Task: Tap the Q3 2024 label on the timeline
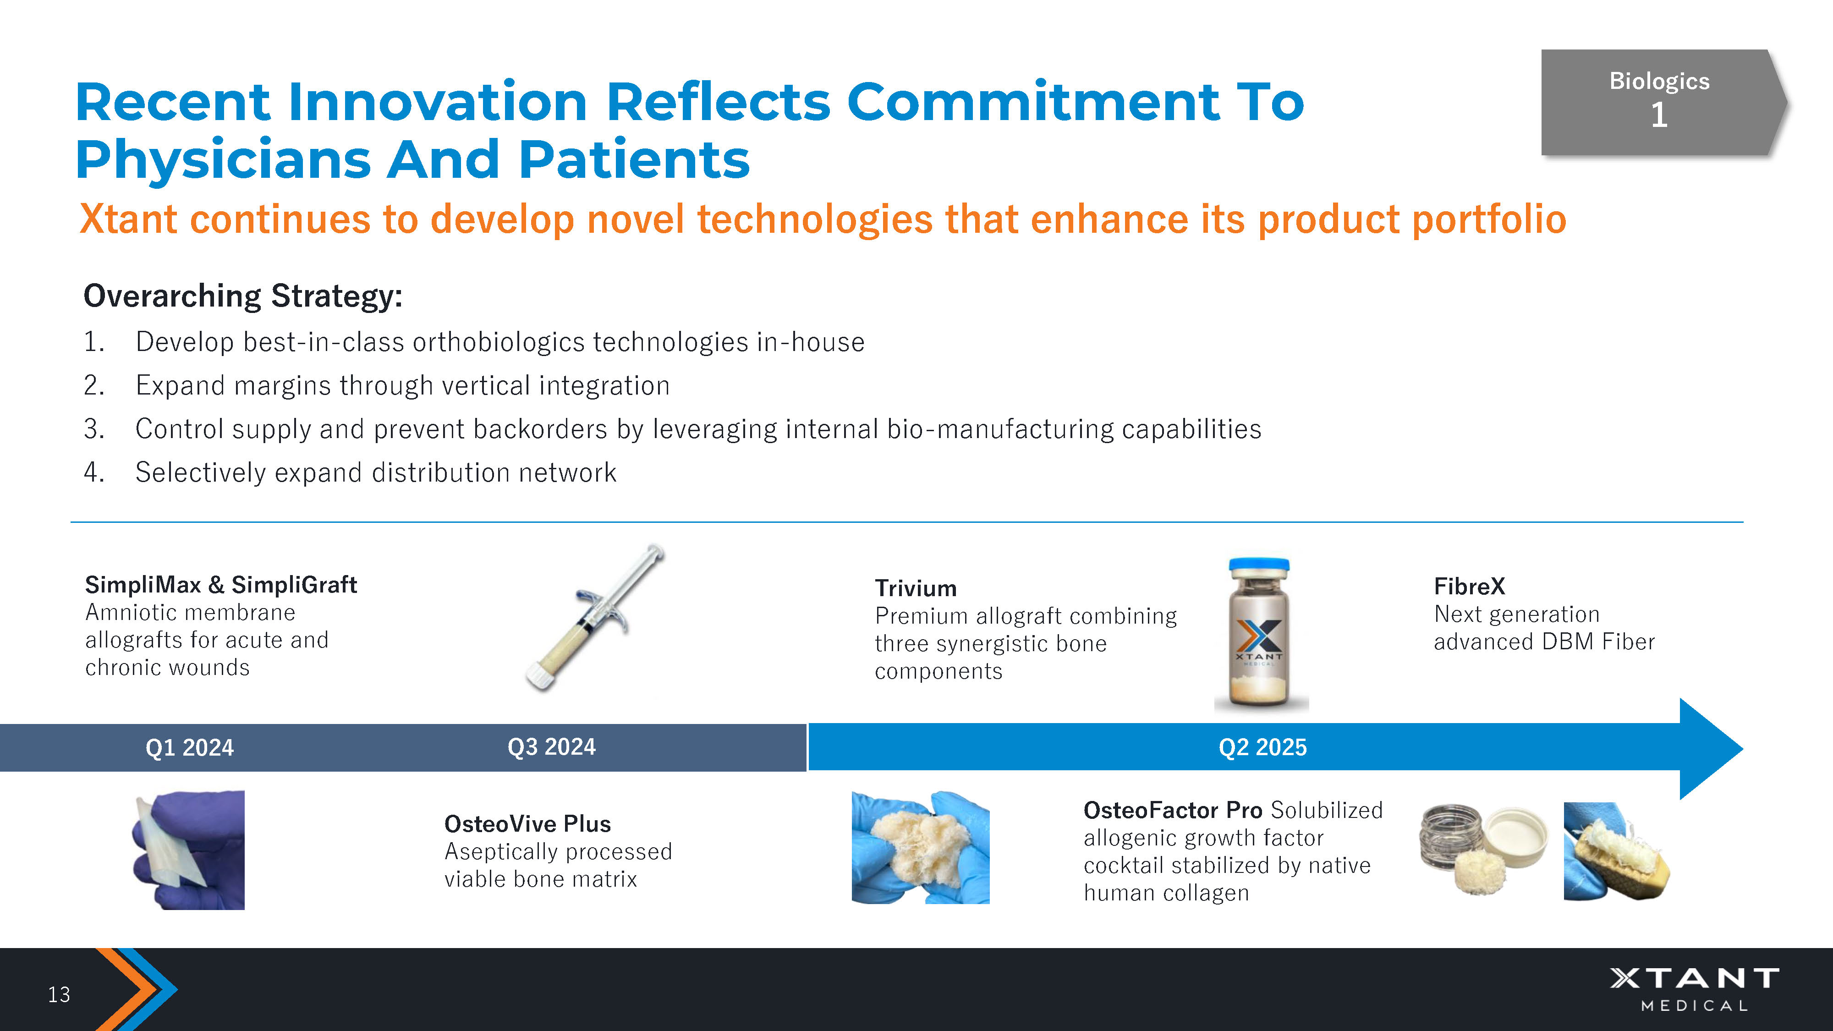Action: (551, 747)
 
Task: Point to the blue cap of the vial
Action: (1259, 564)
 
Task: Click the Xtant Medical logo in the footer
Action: (1694, 989)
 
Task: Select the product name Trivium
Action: (916, 588)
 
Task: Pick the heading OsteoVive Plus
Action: (527, 824)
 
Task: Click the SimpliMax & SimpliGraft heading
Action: (220, 585)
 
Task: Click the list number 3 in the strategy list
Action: (93, 429)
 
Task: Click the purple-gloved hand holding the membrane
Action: (188, 850)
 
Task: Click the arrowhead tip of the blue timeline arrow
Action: (1743, 749)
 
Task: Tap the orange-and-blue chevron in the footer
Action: (135, 989)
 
